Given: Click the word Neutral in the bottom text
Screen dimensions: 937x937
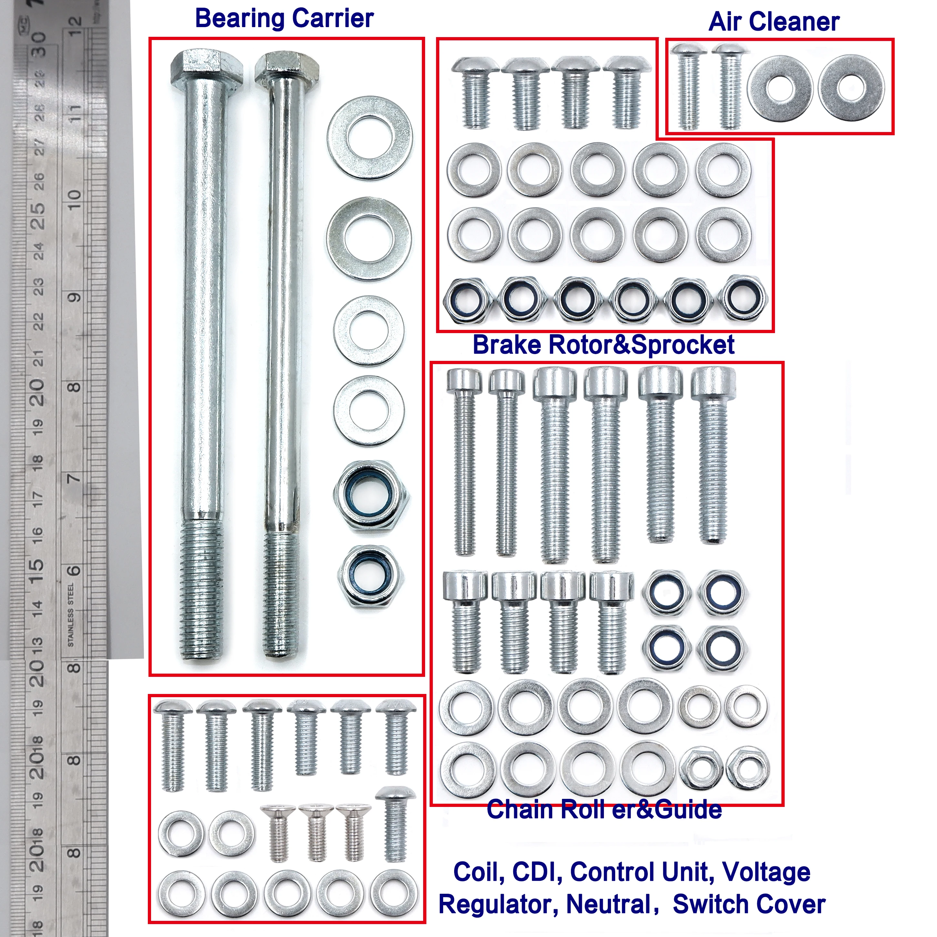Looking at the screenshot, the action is click(x=609, y=904).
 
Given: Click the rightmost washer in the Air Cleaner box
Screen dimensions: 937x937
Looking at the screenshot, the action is click(x=851, y=88).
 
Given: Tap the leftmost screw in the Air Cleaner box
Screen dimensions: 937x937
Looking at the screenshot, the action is click(x=689, y=87).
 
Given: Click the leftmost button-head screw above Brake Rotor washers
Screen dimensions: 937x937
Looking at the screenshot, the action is click(x=475, y=92).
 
